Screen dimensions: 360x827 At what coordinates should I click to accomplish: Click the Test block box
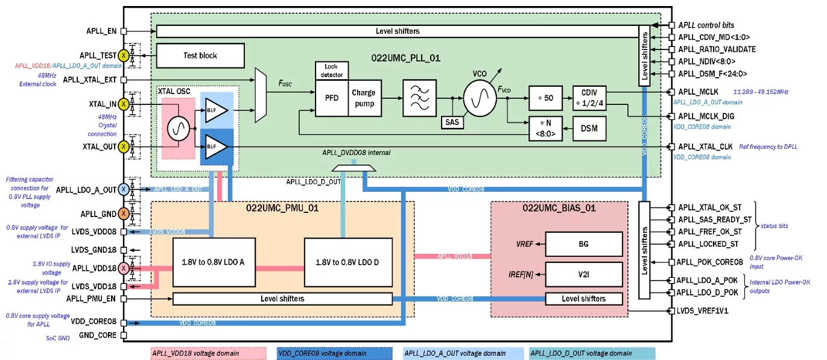200,55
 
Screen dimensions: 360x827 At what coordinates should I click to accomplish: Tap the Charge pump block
363,98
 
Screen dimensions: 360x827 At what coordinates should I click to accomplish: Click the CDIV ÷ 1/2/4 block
589,98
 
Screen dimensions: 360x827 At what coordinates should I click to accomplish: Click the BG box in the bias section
583,244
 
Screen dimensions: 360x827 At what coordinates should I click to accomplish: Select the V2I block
583,274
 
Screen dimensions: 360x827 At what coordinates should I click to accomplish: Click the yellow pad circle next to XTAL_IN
124,104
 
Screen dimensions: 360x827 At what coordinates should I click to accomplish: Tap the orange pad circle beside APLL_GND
124,213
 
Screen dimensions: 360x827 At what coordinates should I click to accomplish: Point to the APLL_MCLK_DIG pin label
706,116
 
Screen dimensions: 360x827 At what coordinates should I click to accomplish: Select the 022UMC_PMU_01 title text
282,209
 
